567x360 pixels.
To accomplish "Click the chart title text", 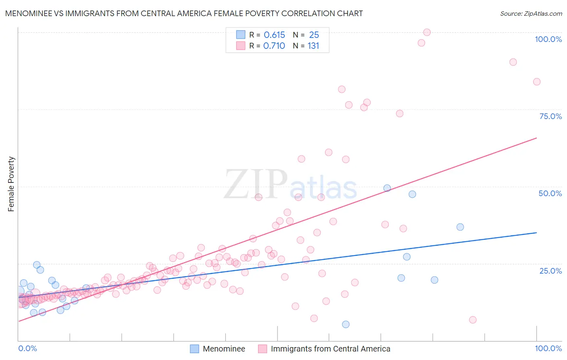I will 184,13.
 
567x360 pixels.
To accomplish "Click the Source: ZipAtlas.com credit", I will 531,13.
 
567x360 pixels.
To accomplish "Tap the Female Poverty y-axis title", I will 11,184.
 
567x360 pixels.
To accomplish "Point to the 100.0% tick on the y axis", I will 548,39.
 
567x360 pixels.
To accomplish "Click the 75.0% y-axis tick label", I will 550,116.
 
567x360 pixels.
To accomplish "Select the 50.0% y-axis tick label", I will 550,193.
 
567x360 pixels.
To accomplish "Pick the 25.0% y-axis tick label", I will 550,271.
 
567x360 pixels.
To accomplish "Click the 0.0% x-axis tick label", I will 27,348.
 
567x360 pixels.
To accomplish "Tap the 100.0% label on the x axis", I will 548,348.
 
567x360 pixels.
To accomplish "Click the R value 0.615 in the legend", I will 274,35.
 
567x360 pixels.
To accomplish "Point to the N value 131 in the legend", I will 313,46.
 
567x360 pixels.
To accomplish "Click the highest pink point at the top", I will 427,32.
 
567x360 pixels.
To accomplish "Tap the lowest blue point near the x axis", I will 346,324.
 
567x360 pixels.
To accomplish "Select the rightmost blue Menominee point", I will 460,227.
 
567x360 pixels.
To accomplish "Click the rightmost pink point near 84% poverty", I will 537,82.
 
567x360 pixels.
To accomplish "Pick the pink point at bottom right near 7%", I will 473,320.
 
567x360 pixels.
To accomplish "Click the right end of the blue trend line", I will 536,233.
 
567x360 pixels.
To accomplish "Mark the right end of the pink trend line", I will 536,138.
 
